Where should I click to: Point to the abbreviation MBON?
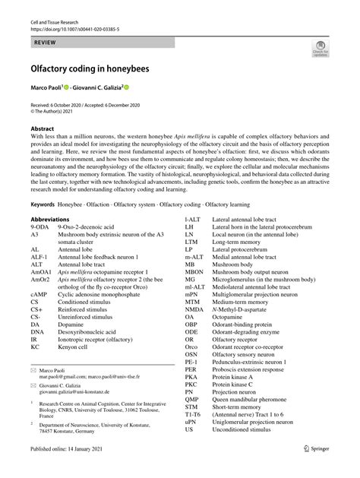tap(194, 293)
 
